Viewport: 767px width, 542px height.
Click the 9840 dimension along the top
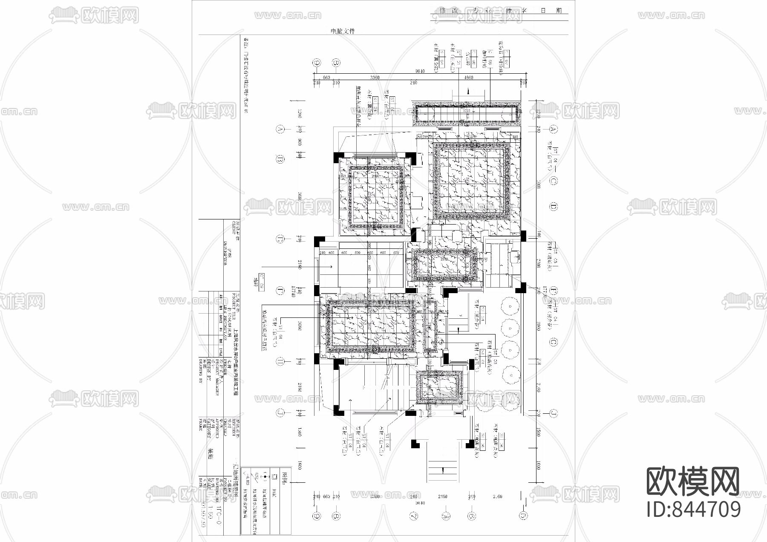(420, 72)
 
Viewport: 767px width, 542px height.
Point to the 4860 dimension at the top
(468, 78)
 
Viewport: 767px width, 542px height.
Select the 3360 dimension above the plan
(375, 78)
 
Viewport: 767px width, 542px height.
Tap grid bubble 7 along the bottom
(413, 516)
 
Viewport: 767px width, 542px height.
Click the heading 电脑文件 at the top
(343, 31)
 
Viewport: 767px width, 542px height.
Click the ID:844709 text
(694, 510)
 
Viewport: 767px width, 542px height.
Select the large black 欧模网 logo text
(693, 481)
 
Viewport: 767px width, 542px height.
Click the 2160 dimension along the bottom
(443, 496)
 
